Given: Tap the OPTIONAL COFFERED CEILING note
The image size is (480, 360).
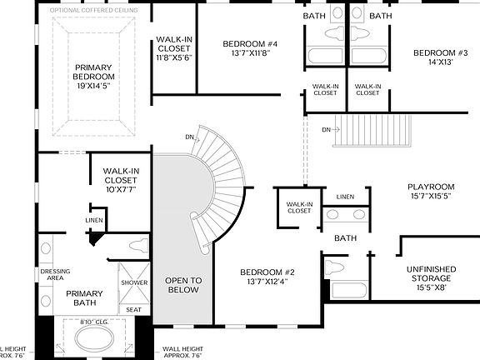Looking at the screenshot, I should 94,10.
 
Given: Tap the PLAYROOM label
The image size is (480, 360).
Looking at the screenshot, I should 430,191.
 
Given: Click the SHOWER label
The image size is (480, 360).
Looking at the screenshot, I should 134,283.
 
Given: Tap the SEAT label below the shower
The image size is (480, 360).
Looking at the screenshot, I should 134,308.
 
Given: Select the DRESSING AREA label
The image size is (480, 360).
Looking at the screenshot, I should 55,275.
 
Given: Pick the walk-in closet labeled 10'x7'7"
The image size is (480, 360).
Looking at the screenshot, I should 120,180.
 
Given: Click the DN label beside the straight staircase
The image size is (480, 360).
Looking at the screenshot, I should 328,129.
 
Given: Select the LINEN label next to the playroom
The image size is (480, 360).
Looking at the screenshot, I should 345,197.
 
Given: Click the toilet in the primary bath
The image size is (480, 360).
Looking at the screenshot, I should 137,246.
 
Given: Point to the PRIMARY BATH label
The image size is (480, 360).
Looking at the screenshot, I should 84,298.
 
